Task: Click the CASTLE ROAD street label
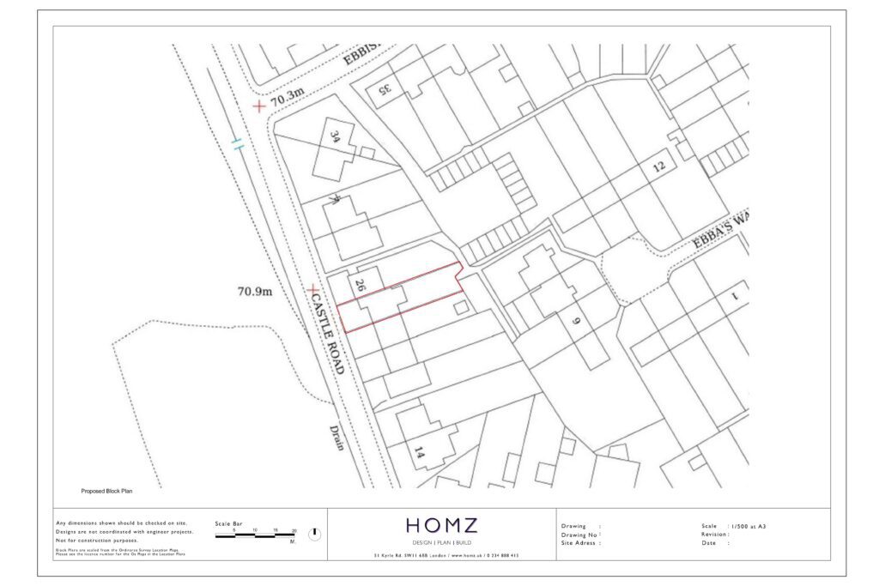click(327, 335)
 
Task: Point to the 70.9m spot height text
click(254, 292)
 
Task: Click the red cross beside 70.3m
click(258, 106)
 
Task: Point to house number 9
click(576, 322)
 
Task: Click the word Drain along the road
click(336, 437)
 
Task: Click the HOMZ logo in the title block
click(442, 525)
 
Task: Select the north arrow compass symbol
click(315, 534)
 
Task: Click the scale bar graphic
click(255, 536)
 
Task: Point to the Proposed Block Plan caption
click(106, 491)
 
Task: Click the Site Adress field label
click(580, 543)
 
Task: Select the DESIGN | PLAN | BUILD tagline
click(442, 543)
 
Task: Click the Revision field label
click(715, 534)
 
